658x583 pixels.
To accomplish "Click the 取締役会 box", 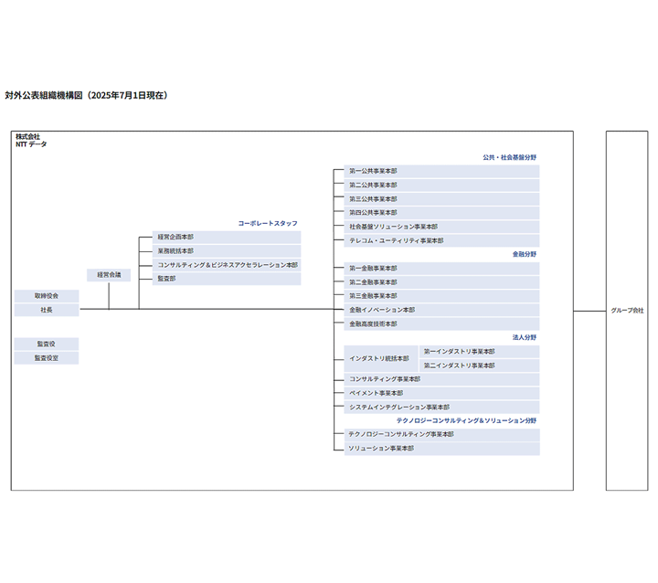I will coord(47,296).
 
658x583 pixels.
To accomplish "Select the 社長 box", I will coord(47,311).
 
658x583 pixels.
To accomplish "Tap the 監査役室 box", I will coord(47,358).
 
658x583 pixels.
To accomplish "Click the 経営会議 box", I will coord(109,275).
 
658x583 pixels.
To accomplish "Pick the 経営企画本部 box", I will coord(227,237).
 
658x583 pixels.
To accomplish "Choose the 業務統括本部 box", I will coord(227,250).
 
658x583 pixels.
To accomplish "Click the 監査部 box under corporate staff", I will coord(227,279).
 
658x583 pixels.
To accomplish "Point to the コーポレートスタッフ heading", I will coord(268,223).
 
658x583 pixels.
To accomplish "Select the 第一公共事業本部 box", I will coord(442,171).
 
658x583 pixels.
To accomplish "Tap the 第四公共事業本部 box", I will coord(442,213).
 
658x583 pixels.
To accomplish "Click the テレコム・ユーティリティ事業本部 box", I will coord(442,241).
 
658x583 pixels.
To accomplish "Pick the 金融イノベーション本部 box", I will coord(442,310).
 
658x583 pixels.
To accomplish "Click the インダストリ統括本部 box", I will coord(381,358).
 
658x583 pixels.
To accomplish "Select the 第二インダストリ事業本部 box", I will coord(479,366).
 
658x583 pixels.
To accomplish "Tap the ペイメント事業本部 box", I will coord(442,393).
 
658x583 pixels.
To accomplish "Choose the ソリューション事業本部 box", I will coord(442,449).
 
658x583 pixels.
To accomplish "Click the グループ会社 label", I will coord(627,311).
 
